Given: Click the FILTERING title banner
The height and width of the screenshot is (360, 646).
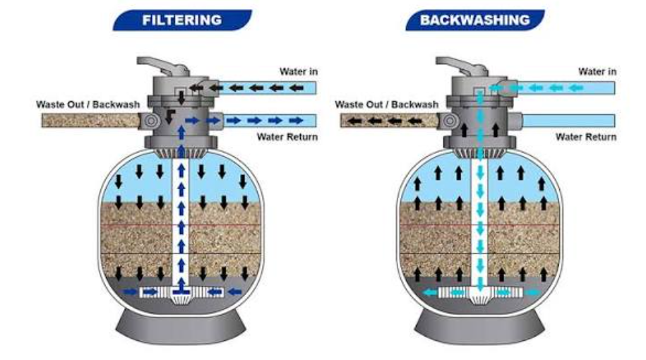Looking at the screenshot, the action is [182, 20].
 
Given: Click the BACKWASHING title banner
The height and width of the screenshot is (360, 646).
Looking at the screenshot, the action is [475, 20].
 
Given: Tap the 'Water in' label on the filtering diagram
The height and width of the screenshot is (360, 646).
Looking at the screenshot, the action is [299, 71].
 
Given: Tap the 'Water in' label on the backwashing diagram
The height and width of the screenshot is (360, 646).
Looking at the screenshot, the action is [597, 71].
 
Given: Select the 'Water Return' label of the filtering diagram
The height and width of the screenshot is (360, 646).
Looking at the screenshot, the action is [287, 137].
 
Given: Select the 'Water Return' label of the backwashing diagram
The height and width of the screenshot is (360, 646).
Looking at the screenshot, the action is [586, 137].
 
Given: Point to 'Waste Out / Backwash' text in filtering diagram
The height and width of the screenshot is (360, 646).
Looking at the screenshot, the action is [88, 104].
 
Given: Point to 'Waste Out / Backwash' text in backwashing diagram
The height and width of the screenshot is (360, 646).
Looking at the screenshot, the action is [386, 104].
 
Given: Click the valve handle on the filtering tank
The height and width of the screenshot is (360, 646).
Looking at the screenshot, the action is [163, 66].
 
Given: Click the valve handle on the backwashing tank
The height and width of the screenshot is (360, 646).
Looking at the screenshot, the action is [462, 66].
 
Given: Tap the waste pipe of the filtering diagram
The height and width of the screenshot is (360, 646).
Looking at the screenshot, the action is [91, 121].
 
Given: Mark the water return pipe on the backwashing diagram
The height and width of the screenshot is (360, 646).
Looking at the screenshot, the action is [568, 121].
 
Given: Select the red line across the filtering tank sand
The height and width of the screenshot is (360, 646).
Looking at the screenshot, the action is [181, 226].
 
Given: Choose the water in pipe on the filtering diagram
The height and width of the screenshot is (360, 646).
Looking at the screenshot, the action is [267, 88].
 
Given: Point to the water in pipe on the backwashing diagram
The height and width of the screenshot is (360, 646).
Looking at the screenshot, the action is [566, 88].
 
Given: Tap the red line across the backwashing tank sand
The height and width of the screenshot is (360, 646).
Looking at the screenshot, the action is [479, 226].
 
